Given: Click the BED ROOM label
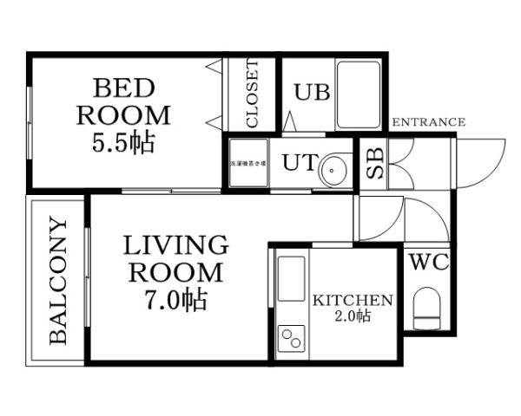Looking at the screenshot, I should (x=123, y=101).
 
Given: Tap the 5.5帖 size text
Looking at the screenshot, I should (x=123, y=141).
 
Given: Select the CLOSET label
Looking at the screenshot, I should (x=252, y=94).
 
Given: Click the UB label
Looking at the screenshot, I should (x=310, y=92).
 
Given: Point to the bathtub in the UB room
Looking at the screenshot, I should (x=359, y=94).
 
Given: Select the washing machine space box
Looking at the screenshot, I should (x=246, y=164).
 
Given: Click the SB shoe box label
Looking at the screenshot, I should (x=373, y=165).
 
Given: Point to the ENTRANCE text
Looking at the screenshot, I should (x=429, y=122).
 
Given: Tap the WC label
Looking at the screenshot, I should (x=428, y=262).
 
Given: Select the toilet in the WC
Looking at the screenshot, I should (x=428, y=310).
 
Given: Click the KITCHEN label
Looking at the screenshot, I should (x=353, y=301).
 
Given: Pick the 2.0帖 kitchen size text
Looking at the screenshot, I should (x=353, y=317).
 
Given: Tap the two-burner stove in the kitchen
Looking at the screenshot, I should (x=291, y=338).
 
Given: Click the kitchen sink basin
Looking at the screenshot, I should (x=291, y=277).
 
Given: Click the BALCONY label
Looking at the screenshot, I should (x=58, y=281).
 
